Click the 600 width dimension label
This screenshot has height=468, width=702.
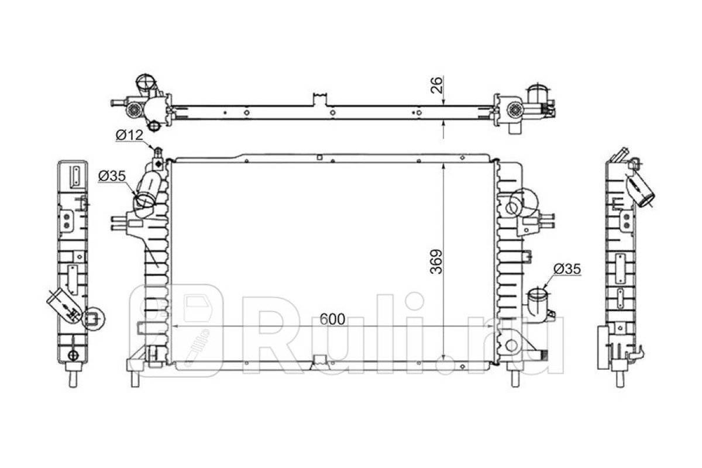coord(332,319)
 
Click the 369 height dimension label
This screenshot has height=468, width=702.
coord(436,261)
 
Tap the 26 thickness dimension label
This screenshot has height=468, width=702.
coord(436,85)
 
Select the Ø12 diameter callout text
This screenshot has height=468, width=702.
coord(129,135)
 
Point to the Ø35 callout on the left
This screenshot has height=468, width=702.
coord(112,176)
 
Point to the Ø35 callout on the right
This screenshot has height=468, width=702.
coord(567,269)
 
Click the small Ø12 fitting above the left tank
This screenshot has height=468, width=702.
coord(158,153)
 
